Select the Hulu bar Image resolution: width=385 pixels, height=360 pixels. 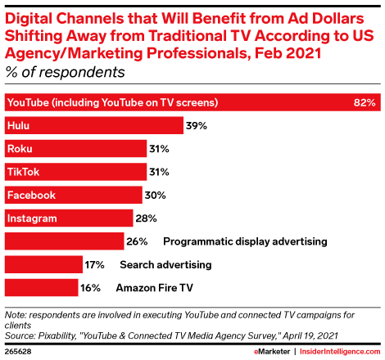pos(93,126)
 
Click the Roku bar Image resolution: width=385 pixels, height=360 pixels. pos(75,149)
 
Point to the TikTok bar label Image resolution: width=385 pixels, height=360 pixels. pos(23,172)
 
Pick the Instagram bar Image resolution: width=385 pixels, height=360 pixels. pos(69,218)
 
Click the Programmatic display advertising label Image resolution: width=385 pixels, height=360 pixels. pos(246,241)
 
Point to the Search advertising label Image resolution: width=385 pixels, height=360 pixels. pos(165,264)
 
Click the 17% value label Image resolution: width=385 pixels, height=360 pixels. pos(95,264)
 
